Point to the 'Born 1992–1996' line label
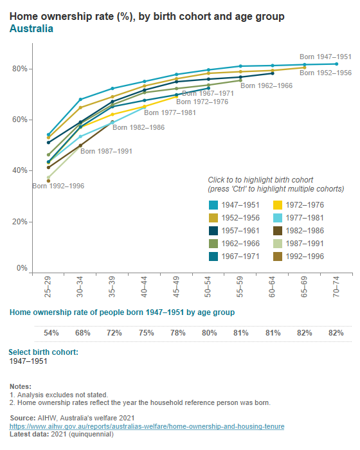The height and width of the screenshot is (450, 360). [x=58, y=186]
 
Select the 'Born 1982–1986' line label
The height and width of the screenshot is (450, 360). [x=138, y=127]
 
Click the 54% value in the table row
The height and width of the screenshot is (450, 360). [x=51, y=333]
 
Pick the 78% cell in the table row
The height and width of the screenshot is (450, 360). [x=177, y=333]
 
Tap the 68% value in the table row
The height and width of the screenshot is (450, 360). [x=82, y=333]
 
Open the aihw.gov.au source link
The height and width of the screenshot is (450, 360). [x=147, y=426]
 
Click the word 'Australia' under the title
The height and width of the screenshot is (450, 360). [x=32, y=29]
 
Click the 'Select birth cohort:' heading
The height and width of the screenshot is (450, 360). [x=44, y=352]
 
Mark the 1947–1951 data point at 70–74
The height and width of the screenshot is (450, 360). [x=336, y=64]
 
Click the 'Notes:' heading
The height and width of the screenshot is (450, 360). [x=21, y=386]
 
